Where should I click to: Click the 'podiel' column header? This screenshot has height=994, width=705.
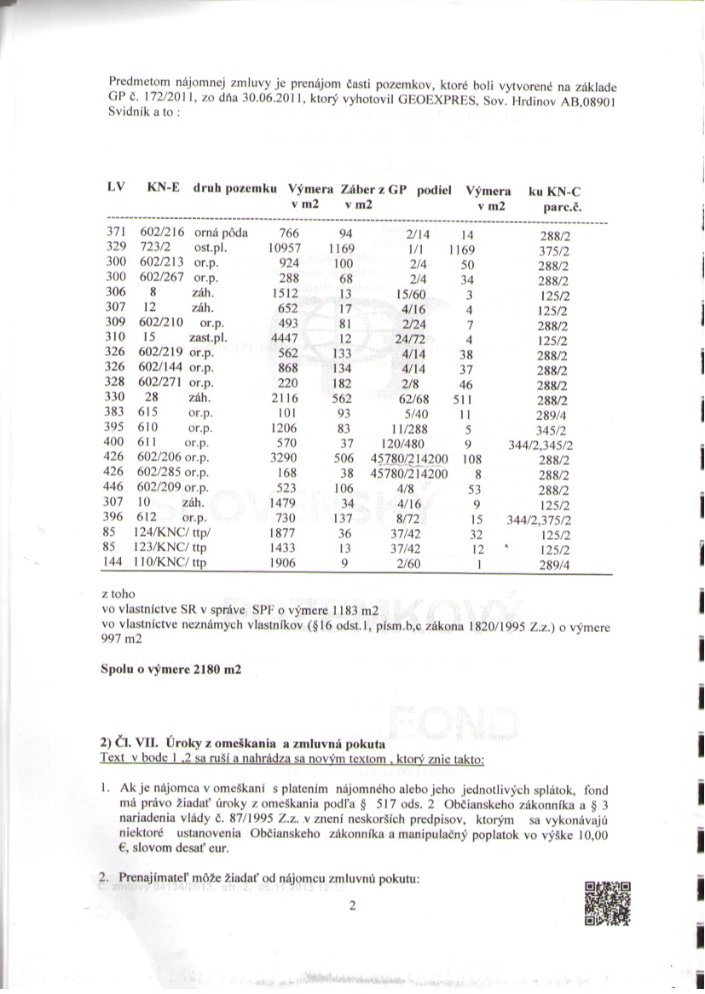coord(433,191)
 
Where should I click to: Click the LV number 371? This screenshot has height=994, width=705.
coord(116,233)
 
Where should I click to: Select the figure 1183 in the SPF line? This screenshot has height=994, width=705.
coord(344,609)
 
